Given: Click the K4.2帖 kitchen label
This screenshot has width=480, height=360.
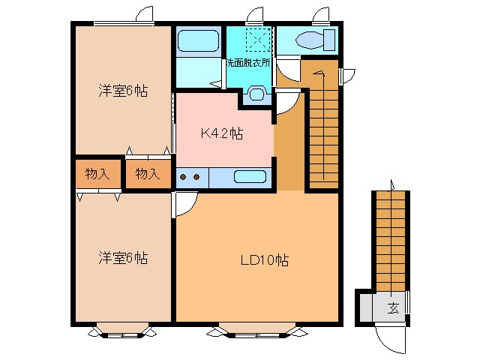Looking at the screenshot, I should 220,133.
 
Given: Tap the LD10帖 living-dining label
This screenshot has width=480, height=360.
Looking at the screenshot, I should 265,261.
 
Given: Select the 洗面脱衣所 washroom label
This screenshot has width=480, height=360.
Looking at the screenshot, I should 247,63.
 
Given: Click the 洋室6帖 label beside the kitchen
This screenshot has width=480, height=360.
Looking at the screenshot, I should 122,91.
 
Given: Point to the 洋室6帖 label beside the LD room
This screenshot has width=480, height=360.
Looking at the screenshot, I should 122,258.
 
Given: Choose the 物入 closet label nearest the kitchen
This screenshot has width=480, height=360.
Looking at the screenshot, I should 147,174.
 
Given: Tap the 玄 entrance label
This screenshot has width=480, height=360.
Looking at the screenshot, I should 392,307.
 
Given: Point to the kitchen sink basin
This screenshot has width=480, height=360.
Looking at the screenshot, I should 249,177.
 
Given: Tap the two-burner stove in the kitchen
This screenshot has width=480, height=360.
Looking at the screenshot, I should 189,178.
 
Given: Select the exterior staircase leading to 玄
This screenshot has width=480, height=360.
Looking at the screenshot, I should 391,240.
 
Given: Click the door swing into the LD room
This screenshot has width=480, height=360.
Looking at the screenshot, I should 185,204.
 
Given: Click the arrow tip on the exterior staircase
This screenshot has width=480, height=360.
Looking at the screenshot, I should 391,182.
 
